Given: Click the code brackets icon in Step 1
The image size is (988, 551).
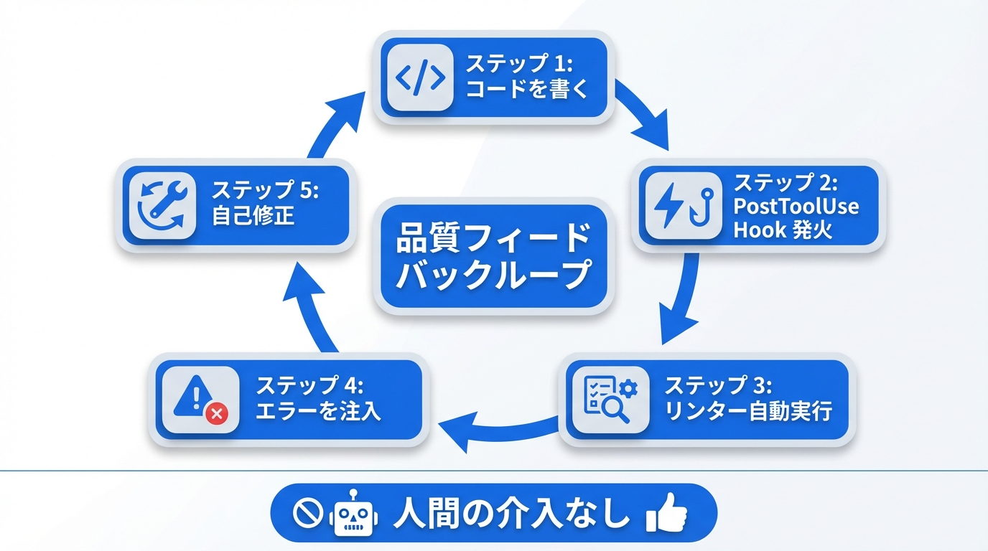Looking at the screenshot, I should pyautogui.click(x=420, y=77).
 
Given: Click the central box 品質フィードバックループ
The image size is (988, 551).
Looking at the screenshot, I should pyautogui.click(x=493, y=257).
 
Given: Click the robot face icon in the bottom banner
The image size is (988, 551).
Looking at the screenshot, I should pyautogui.click(x=353, y=514).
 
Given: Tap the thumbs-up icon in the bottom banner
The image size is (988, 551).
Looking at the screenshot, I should pyautogui.click(x=666, y=512).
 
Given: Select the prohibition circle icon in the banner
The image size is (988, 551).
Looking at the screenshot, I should pyautogui.click(x=307, y=514).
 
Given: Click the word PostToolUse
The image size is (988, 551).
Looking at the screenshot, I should pyautogui.click(x=795, y=207).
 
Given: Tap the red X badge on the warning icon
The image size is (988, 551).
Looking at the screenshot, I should pyautogui.click(x=216, y=413).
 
